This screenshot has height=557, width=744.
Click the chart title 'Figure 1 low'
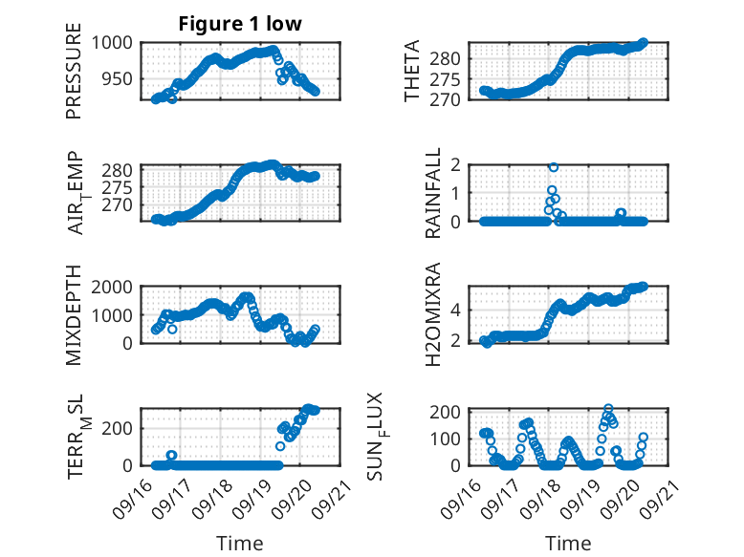click(240, 25)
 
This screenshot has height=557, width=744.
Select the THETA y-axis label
click(412, 72)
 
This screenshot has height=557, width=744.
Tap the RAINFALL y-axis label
click(433, 192)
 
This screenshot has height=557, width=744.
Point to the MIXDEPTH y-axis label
click(75, 314)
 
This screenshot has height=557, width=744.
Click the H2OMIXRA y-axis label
click(433, 314)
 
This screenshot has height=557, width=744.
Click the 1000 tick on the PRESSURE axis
click(120, 43)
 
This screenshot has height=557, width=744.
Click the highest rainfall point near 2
click(554, 167)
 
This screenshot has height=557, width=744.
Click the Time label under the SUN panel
click(568, 544)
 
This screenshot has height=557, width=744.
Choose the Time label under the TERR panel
click(240, 544)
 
